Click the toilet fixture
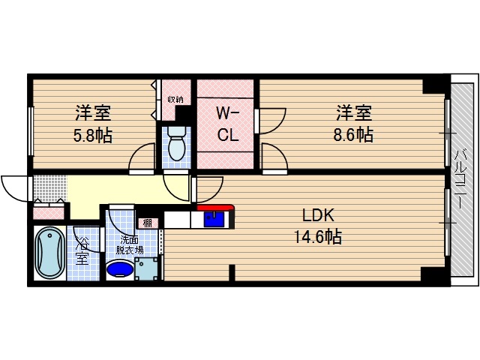point(177,144)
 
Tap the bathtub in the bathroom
point(49,252)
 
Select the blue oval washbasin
point(119,268)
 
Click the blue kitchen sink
point(215,220)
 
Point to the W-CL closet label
point(227,126)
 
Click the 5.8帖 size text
point(93,136)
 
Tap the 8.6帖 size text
point(355,136)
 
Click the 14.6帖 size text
point(318,237)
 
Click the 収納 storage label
point(175,98)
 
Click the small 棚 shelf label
point(148,223)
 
